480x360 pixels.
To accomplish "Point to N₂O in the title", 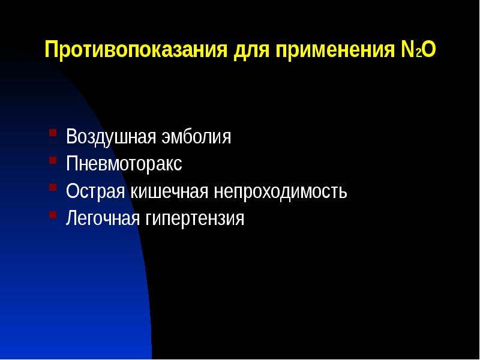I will click(x=415, y=49).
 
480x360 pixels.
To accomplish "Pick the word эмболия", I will click(x=195, y=137).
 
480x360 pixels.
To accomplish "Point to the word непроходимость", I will click(x=280, y=191).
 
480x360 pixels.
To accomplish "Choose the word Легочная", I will click(x=103, y=218).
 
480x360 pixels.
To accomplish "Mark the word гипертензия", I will click(x=194, y=219).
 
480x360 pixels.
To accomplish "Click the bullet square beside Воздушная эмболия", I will click(x=53, y=132).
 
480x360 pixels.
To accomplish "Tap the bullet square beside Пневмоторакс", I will click(x=53, y=160).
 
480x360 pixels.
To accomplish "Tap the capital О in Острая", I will click(x=72, y=191).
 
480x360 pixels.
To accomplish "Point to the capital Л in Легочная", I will click(x=71, y=218).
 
